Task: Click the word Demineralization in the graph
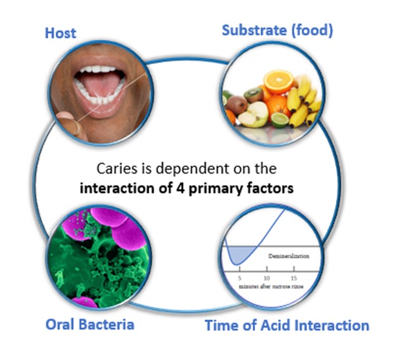click(289, 255)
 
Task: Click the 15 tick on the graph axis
click(294, 270)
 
